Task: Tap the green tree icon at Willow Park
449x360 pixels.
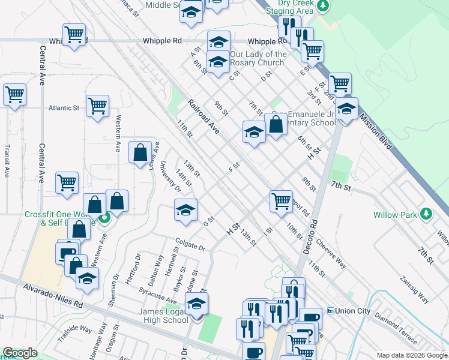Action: pyautogui.click(x=426, y=214)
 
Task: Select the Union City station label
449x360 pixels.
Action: pyautogui.click(x=354, y=311)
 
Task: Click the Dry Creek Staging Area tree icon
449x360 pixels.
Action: pyautogui.click(x=324, y=6)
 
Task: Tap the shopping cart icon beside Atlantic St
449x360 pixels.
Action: pyautogui.click(x=97, y=106)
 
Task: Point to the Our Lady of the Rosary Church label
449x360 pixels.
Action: pyautogui.click(x=256, y=59)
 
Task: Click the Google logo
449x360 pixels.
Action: pyautogui.click(x=20, y=353)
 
